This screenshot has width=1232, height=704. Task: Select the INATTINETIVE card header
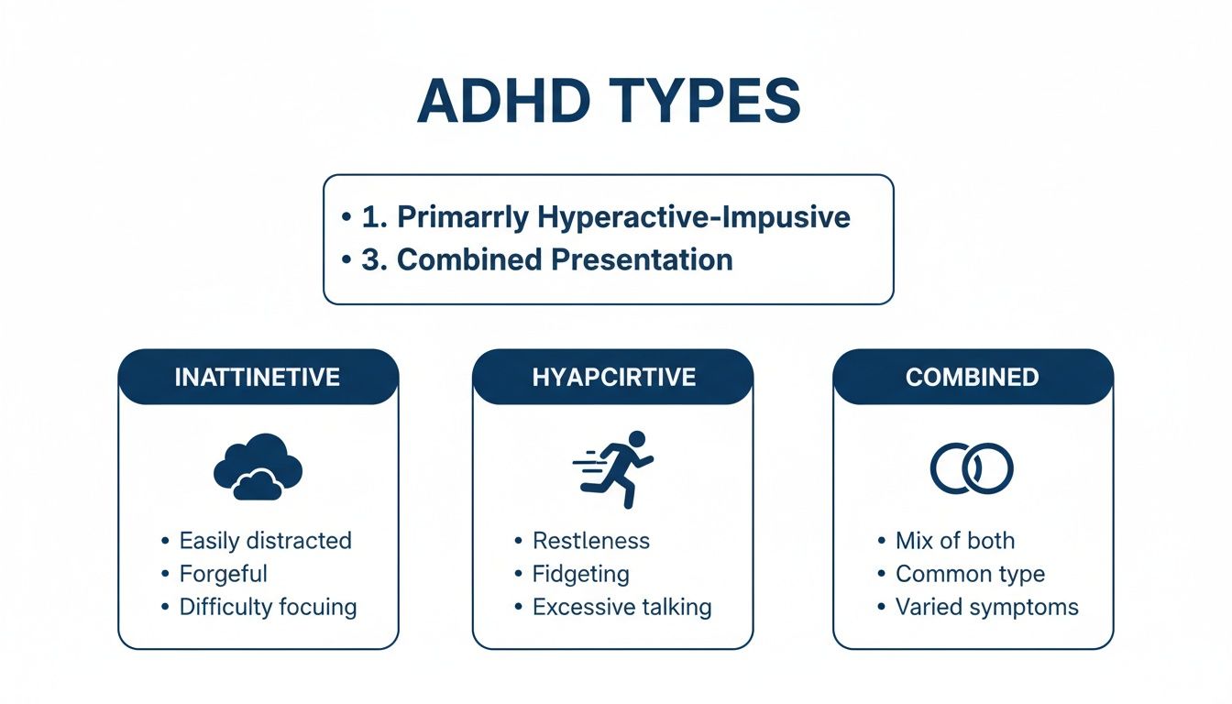258,377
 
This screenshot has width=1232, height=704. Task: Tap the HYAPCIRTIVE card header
613,377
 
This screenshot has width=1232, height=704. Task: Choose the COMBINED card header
972,377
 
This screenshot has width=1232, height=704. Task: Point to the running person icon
614,468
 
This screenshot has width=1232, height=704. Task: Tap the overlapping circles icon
972,468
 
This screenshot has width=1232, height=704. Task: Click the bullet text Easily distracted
265,541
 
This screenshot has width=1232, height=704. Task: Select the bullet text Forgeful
224,574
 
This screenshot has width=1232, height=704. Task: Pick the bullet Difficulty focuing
268,607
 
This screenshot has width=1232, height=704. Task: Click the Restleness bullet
591,541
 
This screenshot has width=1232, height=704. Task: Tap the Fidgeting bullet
581,574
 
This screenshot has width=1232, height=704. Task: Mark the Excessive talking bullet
622,607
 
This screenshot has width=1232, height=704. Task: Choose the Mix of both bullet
955,541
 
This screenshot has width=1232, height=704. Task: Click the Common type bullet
970,574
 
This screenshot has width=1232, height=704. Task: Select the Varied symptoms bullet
987,607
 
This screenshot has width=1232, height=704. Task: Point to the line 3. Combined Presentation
546,259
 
